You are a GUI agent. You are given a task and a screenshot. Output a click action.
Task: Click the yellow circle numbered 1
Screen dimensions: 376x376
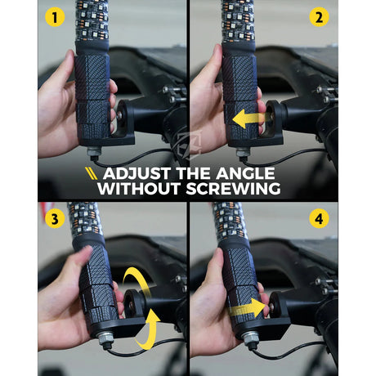click(x=55, y=17)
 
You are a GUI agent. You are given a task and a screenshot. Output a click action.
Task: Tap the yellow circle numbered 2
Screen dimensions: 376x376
click(x=319, y=17)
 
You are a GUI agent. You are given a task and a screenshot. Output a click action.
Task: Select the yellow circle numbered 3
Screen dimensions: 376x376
click(x=55, y=218)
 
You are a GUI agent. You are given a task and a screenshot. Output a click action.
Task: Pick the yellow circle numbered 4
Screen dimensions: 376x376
click(x=319, y=218)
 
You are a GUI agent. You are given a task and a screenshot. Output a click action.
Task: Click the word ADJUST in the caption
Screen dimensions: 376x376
click(x=137, y=173)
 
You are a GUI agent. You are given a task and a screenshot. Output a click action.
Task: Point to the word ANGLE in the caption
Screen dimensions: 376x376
click(x=245, y=173)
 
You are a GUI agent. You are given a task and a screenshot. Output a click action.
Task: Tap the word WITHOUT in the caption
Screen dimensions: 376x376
click(x=139, y=189)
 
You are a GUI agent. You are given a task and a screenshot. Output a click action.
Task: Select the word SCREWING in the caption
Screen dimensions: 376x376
click(x=233, y=189)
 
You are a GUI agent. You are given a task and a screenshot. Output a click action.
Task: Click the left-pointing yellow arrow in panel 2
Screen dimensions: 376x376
click(x=248, y=119)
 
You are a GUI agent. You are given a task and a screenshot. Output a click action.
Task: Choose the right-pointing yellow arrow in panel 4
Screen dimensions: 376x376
click(x=248, y=308)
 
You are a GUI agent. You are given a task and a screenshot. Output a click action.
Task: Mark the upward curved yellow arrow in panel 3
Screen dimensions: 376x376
click(x=150, y=331)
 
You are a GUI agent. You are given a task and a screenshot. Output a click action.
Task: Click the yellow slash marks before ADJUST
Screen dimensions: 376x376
click(x=91, y=173)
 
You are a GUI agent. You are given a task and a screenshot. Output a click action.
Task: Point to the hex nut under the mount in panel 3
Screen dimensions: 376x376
click(x=105, y=338)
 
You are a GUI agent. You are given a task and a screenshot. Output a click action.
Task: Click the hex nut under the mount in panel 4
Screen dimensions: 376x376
click(x=250, y=338)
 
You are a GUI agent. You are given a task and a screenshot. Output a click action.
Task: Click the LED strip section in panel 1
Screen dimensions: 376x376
click(x=92, y=20)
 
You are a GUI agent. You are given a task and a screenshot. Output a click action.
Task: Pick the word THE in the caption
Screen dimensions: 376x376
click(x=194, y=173)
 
